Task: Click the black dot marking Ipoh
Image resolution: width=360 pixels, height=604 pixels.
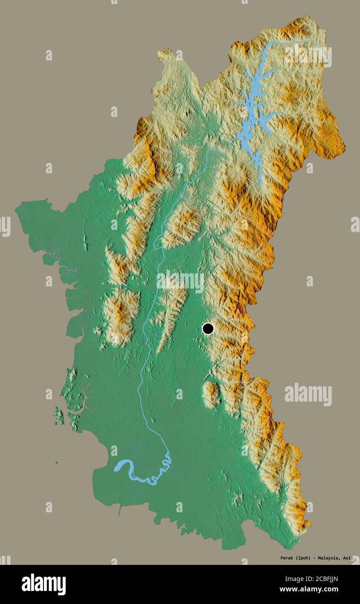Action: pos(208,329)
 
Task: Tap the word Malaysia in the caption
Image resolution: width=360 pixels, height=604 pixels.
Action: pos(330,558)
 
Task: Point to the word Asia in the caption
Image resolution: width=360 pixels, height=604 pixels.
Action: pos(347,558)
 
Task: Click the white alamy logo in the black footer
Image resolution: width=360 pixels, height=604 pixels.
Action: pos(43,584)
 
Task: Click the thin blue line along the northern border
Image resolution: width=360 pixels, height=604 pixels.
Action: pos(296,41)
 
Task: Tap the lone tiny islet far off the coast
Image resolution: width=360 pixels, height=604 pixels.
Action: pos(56,462)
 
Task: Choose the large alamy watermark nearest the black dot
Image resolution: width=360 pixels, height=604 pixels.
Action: pos(180,282)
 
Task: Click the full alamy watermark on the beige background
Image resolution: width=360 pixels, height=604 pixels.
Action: pos(308,394)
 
